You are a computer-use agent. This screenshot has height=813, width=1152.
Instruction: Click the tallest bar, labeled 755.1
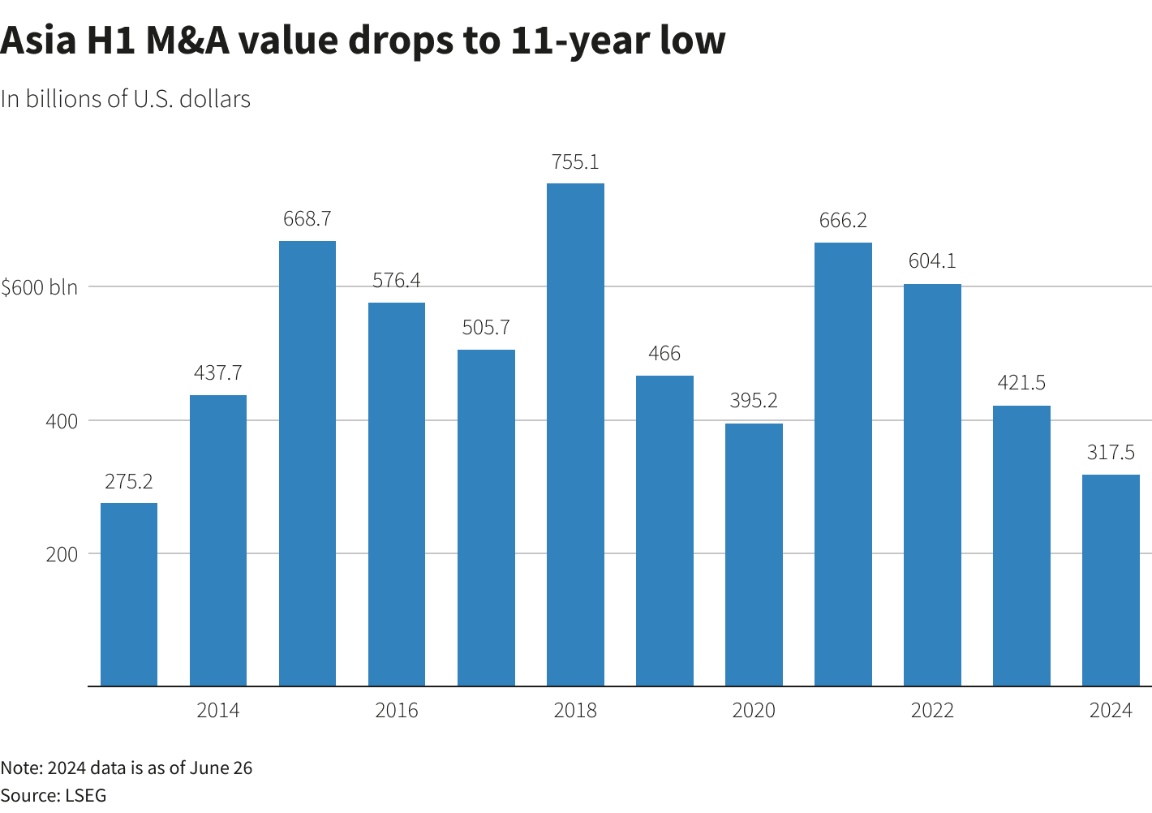pyautogui.click(x=575, y=434)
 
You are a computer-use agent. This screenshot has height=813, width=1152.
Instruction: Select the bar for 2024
pyautogui.click(x=1111, y=580)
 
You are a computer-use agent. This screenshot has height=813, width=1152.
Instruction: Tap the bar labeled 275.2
pyautogui.click(x=129, y=594)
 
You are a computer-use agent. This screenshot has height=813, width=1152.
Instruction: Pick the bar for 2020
pyautogui.click(x=754, y=554)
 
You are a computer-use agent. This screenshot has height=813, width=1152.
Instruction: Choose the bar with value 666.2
pyautogui.click(x=843, y=464)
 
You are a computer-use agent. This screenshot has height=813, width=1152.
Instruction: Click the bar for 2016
pyautogui.click(x=397, y=494)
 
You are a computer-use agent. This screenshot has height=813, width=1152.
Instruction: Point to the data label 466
pyautogui.click(x=664, y=354)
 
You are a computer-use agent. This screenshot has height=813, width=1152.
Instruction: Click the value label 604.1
pyautogui.click(x=932, y=261)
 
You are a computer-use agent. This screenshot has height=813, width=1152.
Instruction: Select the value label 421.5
pyautogui.click(x=1021, y=382)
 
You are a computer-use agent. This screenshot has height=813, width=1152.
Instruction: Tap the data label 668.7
pyautogui.click(x=307, y=219)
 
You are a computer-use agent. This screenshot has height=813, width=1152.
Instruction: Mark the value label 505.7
pyautogui.click(x=486, y=328)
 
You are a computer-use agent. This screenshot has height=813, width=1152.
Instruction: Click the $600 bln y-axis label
pyautogui.click(x=40, y=287)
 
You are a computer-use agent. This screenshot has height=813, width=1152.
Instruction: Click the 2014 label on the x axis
pyautogui.click(x=218, y=711)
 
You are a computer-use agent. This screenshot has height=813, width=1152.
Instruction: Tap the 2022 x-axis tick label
pyautogui.click(x=932, y=711)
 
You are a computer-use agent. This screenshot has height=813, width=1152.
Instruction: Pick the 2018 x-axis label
pyautogui.click(x=575, y=711)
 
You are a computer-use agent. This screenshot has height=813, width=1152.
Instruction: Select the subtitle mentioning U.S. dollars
pyautogui.click(x=126, y=99)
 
